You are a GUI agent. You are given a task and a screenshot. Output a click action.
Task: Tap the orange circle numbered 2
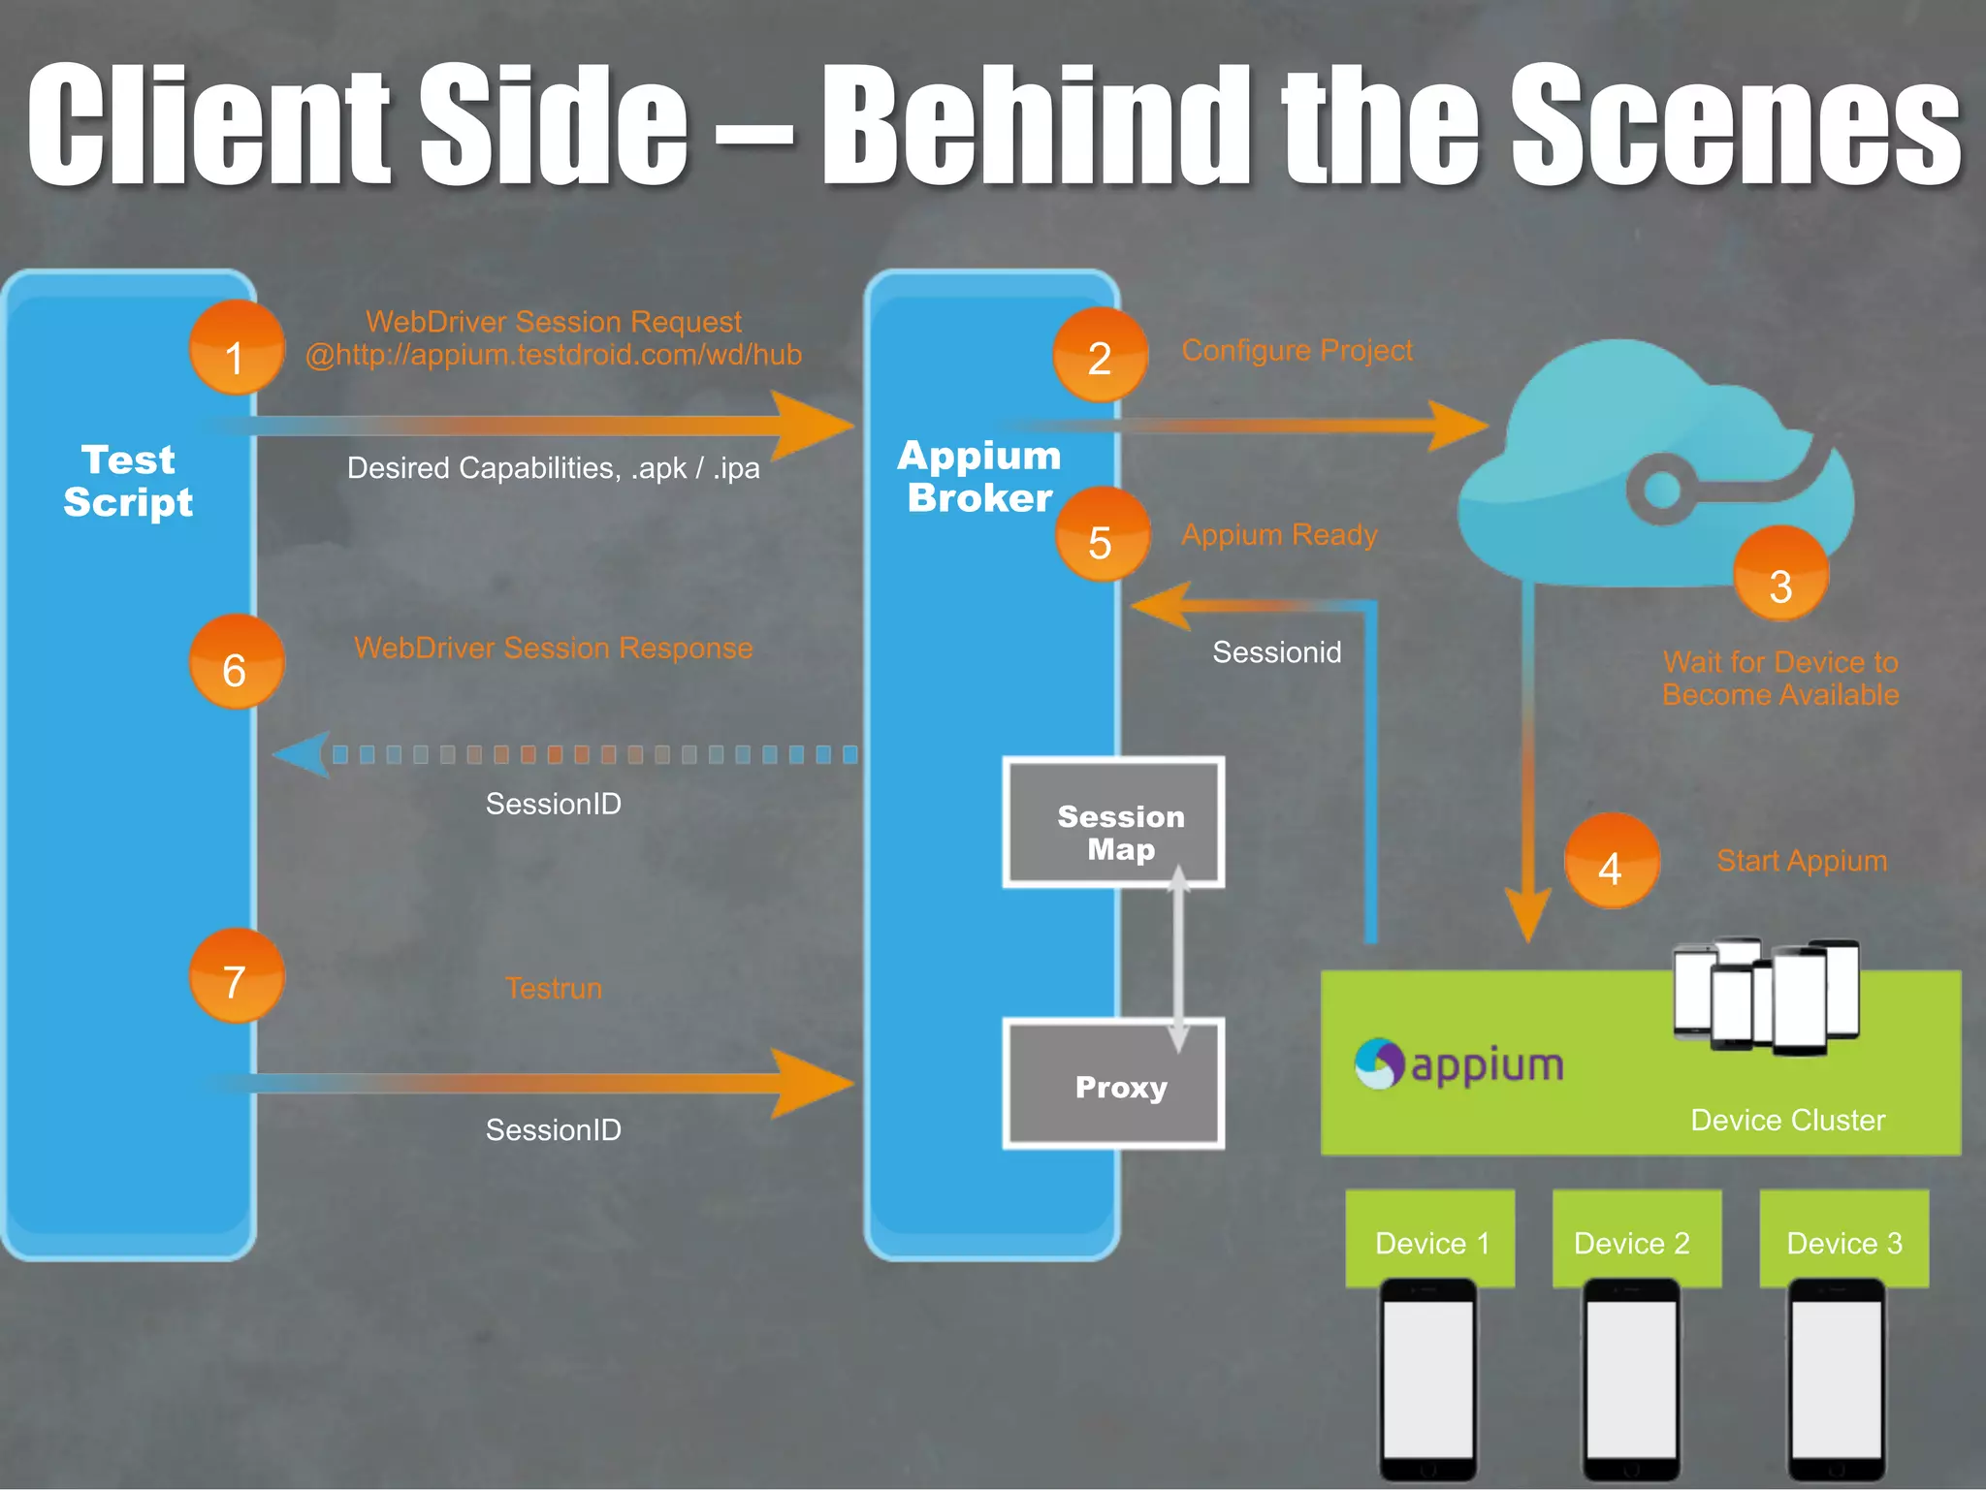[1100, 356]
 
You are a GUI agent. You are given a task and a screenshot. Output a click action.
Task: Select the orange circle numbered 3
[1780, 575]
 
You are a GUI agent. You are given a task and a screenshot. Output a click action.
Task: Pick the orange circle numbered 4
[1612, 862]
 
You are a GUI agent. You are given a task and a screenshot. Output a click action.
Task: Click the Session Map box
[1113, 823]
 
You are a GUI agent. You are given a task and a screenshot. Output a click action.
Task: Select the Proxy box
[1113, 1084]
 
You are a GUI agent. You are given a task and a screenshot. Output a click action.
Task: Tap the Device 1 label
[1430, 1241]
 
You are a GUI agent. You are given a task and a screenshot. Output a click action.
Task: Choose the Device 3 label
[1843, 1241]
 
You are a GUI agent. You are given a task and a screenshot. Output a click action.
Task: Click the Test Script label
[128, 481]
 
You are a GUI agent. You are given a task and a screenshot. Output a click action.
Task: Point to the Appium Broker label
[979, 476]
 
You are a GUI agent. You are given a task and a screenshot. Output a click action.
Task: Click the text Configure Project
[1297, 350]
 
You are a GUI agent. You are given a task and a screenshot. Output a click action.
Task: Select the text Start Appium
[1802, 861]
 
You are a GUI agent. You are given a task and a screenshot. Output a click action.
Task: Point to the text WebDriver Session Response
[553, 648]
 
